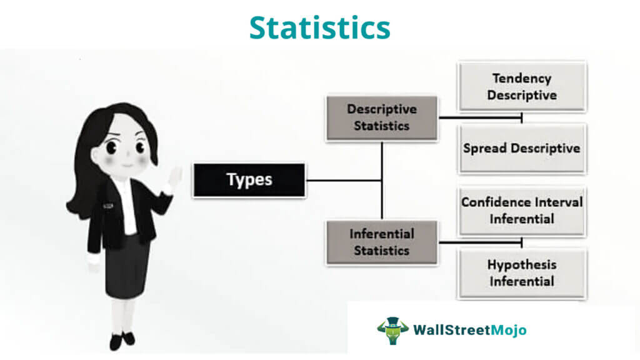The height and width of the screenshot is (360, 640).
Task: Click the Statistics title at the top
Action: coord(319,27)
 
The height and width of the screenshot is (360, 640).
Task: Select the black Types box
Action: coord(249,180)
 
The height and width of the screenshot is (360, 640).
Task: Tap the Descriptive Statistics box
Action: coord(382,117)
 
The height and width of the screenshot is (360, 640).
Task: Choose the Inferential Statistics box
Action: coord(382,242)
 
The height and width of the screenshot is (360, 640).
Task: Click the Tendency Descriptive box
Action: coord(522,86)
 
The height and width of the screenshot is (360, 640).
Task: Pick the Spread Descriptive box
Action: coord(522,149)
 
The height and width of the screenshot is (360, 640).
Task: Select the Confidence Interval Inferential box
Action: coord(522,211)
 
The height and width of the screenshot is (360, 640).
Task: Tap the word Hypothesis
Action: coord(522,265)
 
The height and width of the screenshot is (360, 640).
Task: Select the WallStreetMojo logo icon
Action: coord(392,331)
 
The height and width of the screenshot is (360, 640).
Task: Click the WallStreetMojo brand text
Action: coord(470,330)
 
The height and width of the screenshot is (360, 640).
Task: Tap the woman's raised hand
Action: coord(175,177)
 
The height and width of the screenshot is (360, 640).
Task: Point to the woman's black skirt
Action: coord(127,265)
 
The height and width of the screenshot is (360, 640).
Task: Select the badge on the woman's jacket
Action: coord(107,206)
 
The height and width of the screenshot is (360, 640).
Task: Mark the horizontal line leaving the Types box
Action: coord(344,180)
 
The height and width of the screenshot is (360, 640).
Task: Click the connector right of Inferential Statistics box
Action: coord(481,242)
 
